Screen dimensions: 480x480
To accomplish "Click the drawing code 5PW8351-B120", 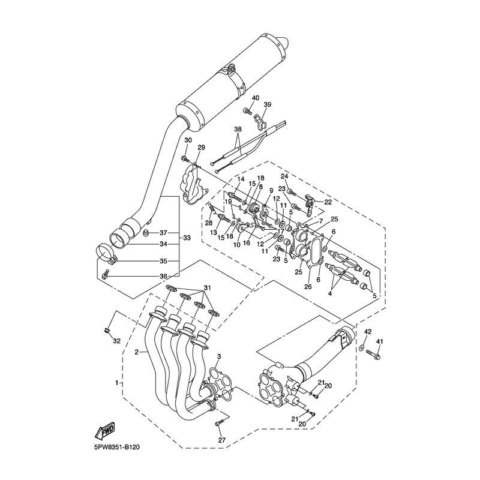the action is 117,447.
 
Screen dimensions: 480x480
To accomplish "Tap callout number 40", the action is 256,98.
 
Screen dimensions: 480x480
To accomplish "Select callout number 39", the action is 268,104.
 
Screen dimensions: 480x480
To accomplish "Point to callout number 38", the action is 238,129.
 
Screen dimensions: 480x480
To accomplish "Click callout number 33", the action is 187,238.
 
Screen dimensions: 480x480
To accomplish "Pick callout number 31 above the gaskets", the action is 208,289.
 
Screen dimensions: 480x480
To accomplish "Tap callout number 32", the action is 117,341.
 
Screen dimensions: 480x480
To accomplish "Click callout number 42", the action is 368,332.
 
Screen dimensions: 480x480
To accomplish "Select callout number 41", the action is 380,341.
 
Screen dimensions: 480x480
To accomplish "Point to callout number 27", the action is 221,440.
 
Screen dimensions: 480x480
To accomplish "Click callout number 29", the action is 201,148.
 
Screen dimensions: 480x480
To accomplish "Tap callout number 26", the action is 308,287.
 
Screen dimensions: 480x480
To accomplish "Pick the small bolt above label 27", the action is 219,423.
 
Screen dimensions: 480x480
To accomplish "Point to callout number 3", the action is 219,356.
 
